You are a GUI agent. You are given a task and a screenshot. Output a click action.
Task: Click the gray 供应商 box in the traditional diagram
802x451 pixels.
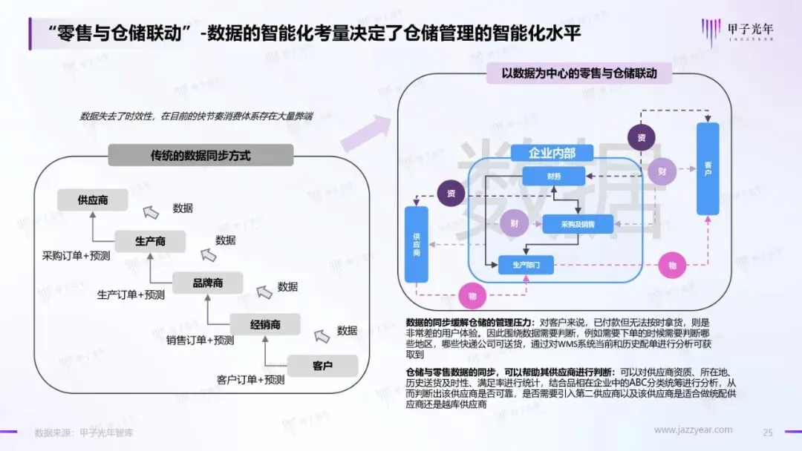[92, 200]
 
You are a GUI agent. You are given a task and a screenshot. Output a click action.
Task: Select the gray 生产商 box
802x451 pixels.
[149, 242]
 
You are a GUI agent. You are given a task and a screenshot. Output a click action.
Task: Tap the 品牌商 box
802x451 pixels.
[207, 283]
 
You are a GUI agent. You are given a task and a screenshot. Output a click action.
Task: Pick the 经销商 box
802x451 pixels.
[265, 324]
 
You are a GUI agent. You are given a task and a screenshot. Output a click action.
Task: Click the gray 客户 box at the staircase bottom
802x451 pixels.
[322, 366]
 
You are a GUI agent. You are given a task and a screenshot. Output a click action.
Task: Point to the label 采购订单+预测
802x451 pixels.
[76, 256]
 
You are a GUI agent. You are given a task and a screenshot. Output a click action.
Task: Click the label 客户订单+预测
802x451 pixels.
[251, 380]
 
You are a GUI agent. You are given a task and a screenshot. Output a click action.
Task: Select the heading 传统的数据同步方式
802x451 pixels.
[200, 156]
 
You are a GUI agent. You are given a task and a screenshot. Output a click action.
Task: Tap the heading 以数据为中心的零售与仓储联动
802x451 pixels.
[574, 73]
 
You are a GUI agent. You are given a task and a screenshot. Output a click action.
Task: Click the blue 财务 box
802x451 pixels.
[553, 176]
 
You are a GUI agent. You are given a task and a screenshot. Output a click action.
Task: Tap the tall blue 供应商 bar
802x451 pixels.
[417, 245]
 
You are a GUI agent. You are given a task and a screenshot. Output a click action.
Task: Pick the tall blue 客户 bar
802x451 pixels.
[708, 169]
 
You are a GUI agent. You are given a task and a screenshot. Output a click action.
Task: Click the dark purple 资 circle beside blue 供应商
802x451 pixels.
[451, 194]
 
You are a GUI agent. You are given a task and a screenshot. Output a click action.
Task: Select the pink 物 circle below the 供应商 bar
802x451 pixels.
[472, 296]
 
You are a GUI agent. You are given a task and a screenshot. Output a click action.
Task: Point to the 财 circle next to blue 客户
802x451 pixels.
[661, 172]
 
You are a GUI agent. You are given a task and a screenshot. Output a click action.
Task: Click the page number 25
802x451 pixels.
[768, 432]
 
